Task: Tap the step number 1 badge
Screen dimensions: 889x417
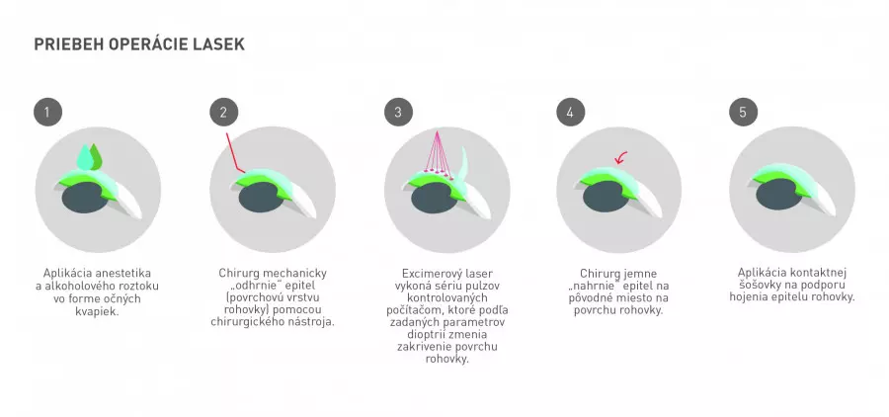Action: tap(47, 112)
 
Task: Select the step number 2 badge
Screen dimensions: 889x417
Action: tap(223, 112)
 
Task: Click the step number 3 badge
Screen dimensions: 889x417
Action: tap(398, 112)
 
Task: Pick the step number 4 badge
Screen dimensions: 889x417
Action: tap(570, 112)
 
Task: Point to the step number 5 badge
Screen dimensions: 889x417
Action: tap(743, 112)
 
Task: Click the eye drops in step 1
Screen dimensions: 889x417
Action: tap(90, 156)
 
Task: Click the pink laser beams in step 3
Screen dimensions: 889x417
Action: tap(439, 154)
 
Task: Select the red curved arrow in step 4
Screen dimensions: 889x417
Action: tap(621, 157)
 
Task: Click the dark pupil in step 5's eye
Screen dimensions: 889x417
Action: tap(779, 194)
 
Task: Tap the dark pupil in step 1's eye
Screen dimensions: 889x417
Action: tap(85, 198)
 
